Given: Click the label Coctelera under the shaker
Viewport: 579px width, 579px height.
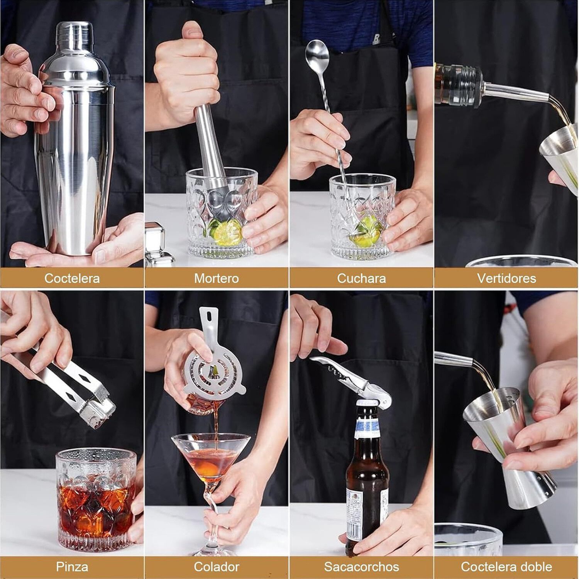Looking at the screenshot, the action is [x=72, y=278].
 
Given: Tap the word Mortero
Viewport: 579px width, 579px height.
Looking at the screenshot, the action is [x=216, y=278].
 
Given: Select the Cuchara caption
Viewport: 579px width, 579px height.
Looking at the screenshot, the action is [x=361, y=278].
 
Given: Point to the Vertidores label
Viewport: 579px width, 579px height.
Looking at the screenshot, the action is [x=506, y=278].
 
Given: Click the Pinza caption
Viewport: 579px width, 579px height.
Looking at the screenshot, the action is [x=72, y=567].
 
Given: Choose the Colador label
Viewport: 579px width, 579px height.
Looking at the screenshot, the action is [x=216, y=567].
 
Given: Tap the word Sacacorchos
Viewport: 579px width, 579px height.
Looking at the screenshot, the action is [x=361, y=567].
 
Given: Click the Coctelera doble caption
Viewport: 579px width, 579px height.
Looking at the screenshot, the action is [x=506, y=567].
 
